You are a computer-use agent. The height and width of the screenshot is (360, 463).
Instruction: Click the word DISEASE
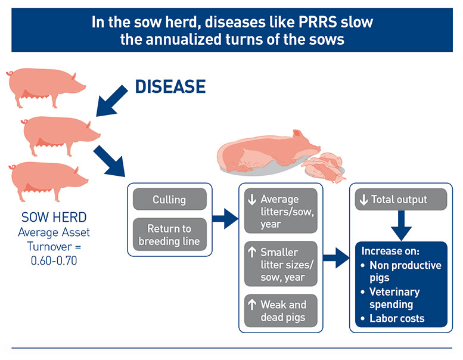(x=170, y=86)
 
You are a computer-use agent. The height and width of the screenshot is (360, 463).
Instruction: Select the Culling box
(x=169, y=199)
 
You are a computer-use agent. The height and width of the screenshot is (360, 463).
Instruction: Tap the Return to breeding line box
(x=169, y=234)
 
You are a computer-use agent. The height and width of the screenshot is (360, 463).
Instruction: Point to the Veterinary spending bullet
(x=394, y=298)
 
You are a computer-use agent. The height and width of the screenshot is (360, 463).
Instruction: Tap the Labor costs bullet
(x=396, y=318)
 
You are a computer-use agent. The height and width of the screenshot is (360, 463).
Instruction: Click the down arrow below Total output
(x=401, y=226)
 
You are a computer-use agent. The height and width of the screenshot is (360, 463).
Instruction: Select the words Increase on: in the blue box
(x=390, y=251)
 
